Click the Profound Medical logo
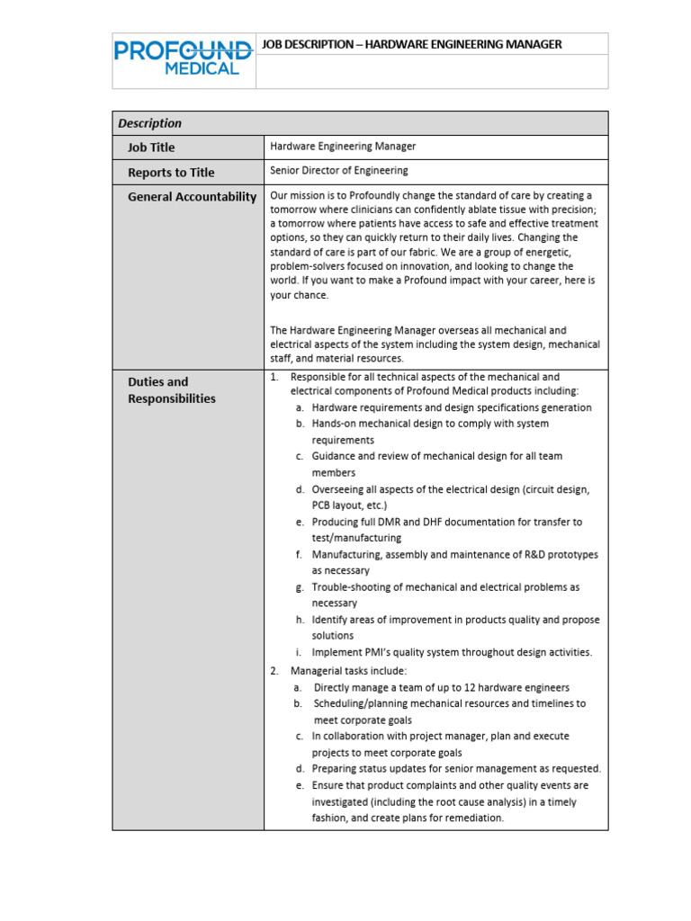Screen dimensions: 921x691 (x=183, y=56)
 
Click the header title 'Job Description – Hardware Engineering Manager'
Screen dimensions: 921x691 (x=411, y=44)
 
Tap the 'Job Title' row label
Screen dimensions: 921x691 (x=151, y=148)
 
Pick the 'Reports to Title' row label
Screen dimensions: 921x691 (x=171, y=173)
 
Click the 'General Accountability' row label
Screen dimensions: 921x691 (x=192, y=197)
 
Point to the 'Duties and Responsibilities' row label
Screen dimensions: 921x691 (x=172, y=390)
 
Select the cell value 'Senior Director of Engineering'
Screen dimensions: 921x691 (x=338, y=170)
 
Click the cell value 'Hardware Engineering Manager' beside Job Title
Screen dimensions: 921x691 (x=343, y=146)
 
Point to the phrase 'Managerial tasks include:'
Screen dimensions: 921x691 (x=348, y=671)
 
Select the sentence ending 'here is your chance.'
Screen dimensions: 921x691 (x=432, y=287)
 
